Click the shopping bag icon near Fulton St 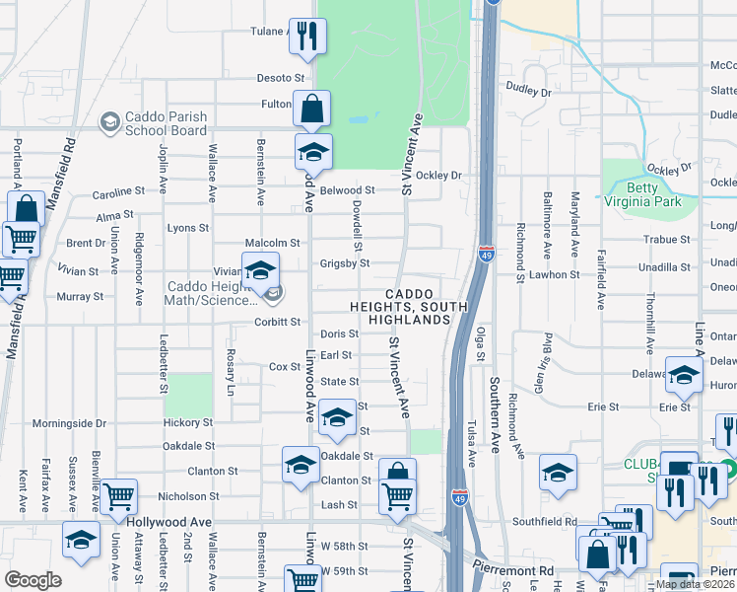coord(311,109)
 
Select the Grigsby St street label coord(344,263)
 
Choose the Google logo coord(32,580)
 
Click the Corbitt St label coord(277,322)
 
